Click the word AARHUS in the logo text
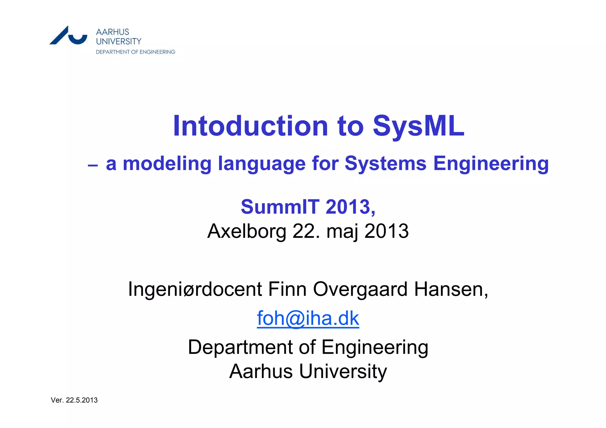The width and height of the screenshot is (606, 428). pos(112,32)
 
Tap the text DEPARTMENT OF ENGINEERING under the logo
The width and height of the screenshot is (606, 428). pos(136,52)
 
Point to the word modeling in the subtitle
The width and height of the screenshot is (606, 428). pos(167,164)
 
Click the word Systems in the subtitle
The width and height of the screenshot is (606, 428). pos(385,164)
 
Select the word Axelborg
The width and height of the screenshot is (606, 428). pos(247,231)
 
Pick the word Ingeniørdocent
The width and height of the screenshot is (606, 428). pos(195,289)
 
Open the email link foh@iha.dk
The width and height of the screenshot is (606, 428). pos(308,319)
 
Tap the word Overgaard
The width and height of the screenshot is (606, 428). pos(360,289)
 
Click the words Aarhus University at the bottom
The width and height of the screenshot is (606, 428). pos(308,371)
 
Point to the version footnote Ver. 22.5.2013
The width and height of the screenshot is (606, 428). pos(74,400)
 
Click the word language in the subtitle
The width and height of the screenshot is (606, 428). pos(262,164)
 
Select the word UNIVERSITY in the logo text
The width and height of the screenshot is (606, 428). pos(119,41)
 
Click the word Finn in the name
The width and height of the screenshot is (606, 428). pos(287,289)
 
